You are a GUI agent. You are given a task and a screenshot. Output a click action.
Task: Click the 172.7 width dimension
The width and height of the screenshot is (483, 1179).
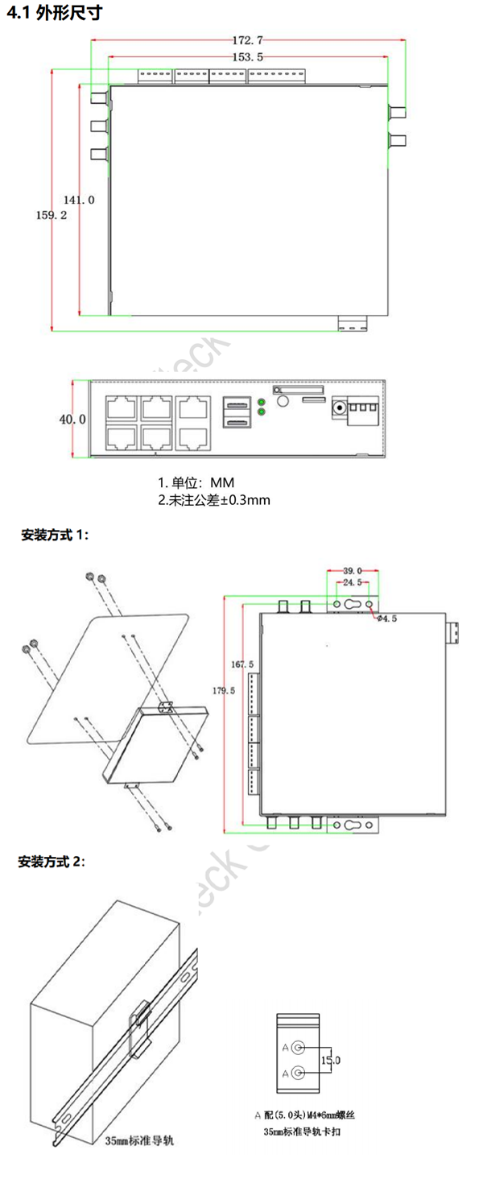248,39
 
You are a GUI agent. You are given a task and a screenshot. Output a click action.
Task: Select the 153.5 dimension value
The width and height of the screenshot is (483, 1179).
248,57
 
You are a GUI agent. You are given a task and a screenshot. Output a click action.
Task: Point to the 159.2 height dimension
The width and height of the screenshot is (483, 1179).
52,216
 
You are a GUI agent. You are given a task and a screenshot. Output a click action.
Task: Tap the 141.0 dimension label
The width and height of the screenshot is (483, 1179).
80,200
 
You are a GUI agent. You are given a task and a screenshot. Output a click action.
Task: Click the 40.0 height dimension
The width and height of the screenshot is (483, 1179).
72,419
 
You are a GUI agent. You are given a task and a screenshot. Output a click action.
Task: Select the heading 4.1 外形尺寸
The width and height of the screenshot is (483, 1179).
54,14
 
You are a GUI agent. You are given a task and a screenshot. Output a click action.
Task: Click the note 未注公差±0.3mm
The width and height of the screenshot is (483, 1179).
213,500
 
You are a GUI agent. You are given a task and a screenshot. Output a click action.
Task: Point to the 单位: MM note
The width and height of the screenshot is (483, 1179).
196,483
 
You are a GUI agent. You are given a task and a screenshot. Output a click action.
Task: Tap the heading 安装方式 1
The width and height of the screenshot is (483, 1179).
56,535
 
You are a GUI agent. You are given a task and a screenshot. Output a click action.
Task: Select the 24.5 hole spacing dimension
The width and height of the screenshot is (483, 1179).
352,581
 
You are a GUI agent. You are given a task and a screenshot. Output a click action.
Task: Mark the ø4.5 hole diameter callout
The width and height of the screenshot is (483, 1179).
386,618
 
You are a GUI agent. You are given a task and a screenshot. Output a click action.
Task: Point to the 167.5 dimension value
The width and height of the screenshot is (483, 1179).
242,664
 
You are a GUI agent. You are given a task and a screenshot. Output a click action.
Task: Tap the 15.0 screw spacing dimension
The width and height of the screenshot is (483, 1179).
331,1060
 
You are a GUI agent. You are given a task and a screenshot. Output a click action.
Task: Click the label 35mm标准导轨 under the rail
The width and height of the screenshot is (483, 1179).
139,1140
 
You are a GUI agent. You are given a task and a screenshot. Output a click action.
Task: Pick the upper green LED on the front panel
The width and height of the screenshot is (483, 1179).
261,401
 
